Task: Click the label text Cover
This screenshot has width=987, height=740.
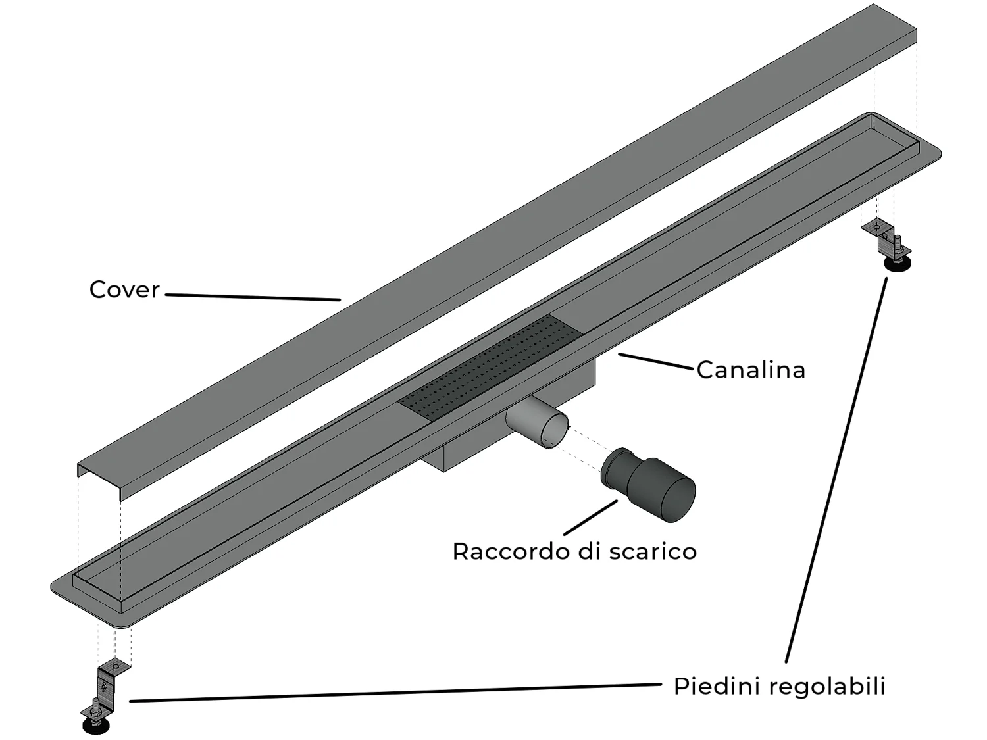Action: (x=124, y=289)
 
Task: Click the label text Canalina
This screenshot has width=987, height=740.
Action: (x=751, y=370)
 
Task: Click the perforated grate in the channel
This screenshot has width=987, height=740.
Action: (x=490, y=365)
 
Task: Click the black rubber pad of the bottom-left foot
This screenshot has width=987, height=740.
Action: (x=96, y=726)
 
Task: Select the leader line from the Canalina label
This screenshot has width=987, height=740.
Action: (x=657, y=362)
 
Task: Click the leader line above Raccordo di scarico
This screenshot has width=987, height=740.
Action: (x=590, y=516)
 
